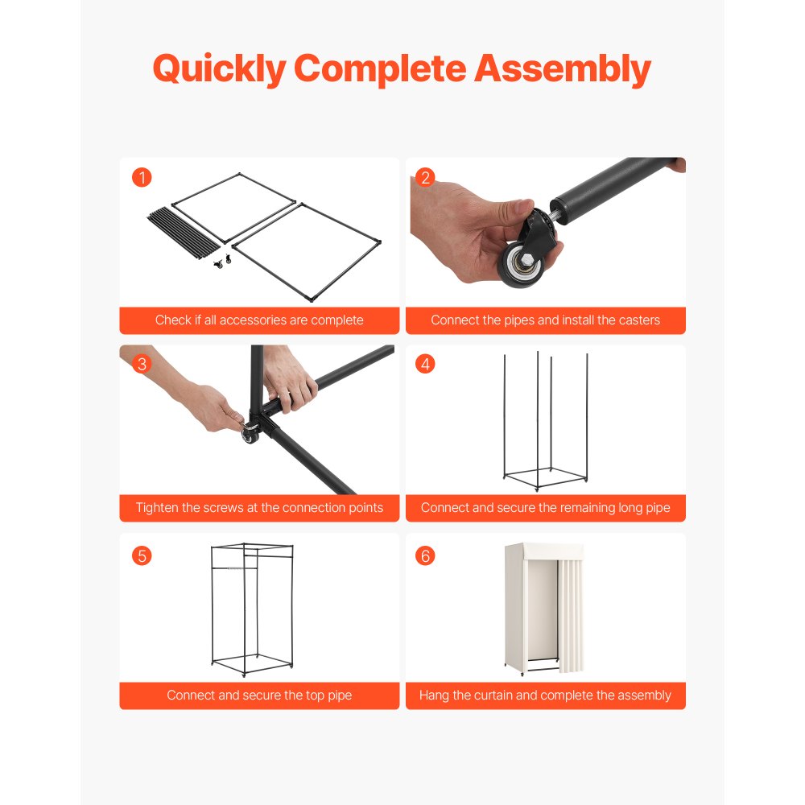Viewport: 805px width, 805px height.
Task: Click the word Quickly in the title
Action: click(x=219, y=68)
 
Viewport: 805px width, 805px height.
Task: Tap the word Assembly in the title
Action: click(x=562, y=68)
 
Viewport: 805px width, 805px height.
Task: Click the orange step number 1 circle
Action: click(x=142, y=178)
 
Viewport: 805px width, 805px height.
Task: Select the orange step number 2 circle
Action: click(x=425, y=178)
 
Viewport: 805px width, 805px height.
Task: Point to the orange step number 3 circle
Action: click(x=142, y=364)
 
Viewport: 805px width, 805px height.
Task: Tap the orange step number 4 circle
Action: click(x=425, y=364)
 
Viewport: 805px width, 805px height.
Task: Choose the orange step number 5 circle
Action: click(x=142, y=555)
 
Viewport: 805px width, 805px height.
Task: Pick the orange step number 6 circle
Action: click(x=425, y=555)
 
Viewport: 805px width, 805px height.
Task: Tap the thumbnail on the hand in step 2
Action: click(x=524, y=206)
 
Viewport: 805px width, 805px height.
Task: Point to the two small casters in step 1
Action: click(x=222, y=262)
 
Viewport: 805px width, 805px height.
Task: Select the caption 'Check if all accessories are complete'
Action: click(x=259, y=320)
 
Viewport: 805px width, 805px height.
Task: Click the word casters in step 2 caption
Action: click(x=639, y=320)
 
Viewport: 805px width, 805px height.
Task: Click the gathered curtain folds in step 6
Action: click(x=571, y=616)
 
